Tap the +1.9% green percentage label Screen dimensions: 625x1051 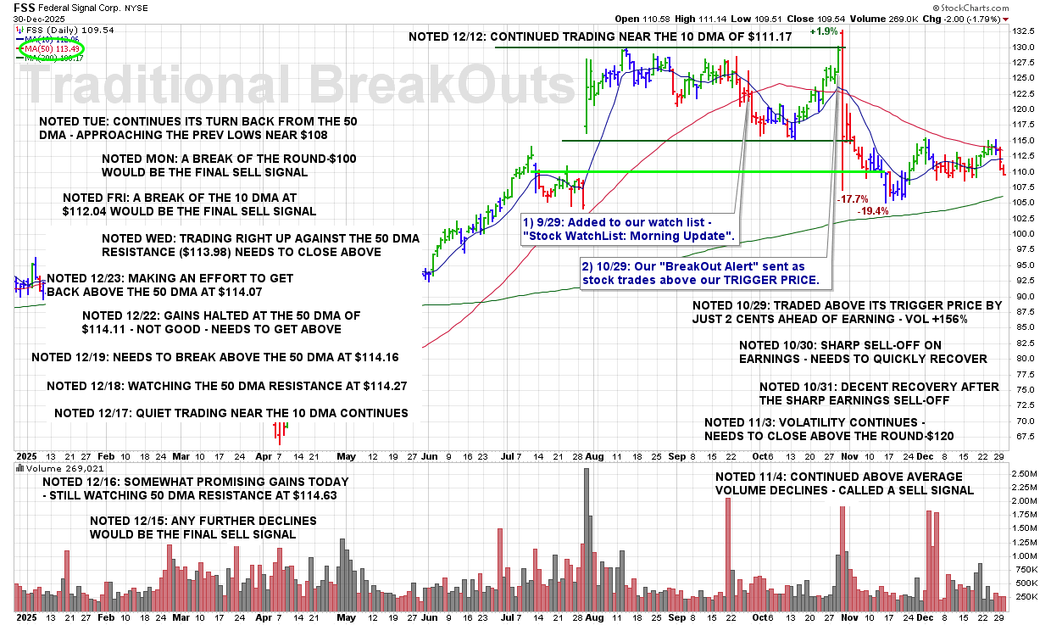click(823, 31)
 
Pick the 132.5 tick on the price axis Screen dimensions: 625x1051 click(1025, 30)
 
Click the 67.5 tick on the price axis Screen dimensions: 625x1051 click(1025, 436)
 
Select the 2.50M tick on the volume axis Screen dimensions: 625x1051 click(1025, 473)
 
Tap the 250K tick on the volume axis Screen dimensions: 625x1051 click(1025, 597)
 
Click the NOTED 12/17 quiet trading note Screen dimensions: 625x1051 click(231, 413)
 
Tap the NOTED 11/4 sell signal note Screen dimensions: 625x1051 click(843, 483)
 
